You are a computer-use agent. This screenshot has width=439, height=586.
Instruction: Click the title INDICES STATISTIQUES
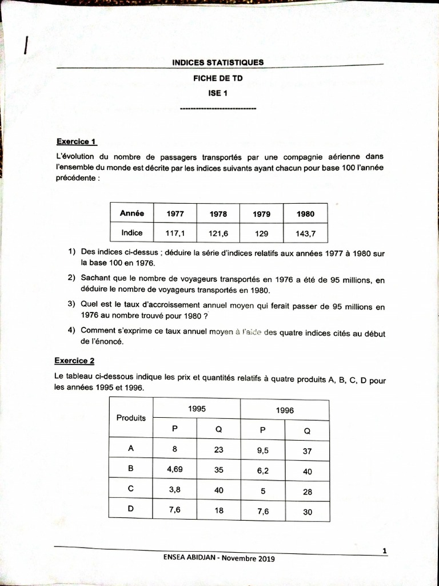pos(218,62)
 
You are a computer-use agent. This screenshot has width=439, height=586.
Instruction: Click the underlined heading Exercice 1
pos(77,141)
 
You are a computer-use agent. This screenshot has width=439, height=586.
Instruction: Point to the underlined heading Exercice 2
pos(74,361)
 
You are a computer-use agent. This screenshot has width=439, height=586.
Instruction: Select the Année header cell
pos(132,213)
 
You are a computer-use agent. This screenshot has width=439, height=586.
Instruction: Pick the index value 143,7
pos(305,233)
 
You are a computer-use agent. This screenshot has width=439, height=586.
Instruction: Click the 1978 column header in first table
pos(218,214)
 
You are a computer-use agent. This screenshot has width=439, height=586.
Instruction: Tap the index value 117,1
pos(175,233)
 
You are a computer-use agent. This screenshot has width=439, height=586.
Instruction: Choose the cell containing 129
pos(261,233)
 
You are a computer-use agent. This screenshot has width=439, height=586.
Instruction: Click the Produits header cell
pos(131,418)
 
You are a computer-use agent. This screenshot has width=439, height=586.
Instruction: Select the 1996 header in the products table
pos(285,410)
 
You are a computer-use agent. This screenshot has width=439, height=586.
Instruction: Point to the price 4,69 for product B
pos(174,470)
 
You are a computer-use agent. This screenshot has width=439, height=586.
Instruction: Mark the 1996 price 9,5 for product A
pos(262,450)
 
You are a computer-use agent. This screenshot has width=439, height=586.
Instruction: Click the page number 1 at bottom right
pos(385,551)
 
